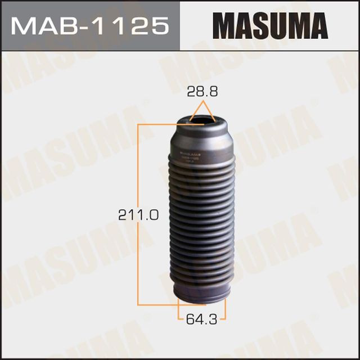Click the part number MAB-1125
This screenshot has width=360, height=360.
click(x=89, y=25)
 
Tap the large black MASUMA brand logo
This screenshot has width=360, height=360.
click(x=270, y=26)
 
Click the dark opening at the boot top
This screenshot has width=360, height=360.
click(x=202, y=119)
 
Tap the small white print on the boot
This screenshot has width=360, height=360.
click(x=191, y=157)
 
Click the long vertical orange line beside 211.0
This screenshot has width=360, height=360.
click(x=138, y=214)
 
